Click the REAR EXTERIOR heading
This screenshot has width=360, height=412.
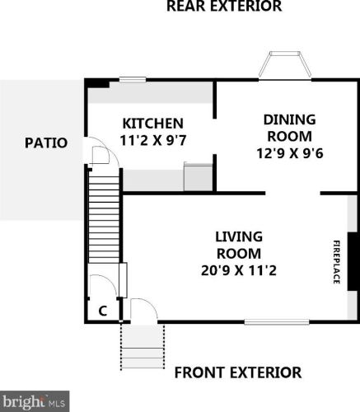(223, 7)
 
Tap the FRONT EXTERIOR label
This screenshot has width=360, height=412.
(237, 372)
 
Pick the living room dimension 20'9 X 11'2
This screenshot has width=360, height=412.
(238, 269)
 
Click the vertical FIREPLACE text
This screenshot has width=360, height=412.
(336, 261)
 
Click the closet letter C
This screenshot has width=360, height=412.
(102, 311)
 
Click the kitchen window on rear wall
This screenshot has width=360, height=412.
(132, 80)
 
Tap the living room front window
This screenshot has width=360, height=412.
(276, 321)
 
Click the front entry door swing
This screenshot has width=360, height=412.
(142, 311)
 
